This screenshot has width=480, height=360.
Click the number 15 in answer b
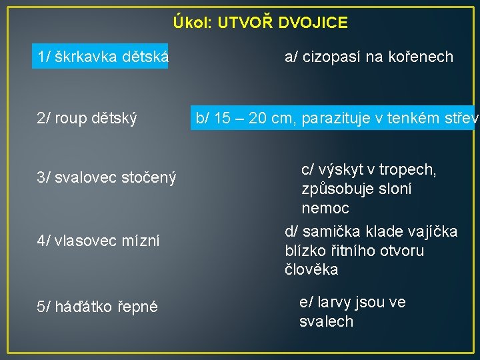223,119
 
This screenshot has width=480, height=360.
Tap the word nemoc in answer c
325,208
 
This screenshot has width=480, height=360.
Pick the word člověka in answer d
311,270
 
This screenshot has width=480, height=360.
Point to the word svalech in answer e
326,321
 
